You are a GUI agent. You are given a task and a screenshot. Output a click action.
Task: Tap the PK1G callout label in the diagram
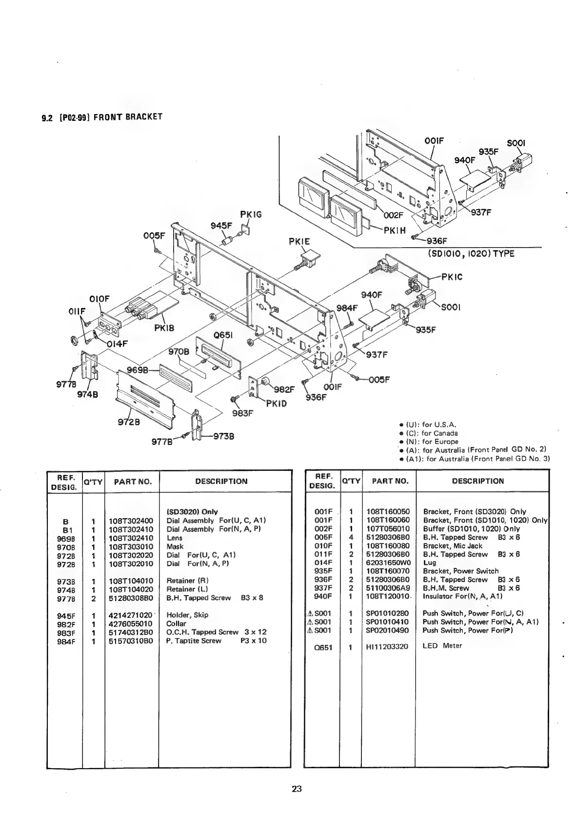(251, 214)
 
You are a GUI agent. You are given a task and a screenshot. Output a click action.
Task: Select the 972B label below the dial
(129, 422)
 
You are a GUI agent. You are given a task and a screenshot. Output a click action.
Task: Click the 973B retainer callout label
(224, 436)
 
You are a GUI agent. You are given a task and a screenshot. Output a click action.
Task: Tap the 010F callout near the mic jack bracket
(99, 298)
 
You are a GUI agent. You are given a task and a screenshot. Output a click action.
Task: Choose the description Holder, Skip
(187, 615)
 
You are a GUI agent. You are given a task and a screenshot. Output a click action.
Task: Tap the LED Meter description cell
(442, 646)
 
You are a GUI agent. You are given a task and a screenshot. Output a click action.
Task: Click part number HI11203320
(387, 646)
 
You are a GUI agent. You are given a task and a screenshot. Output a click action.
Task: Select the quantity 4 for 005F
(351, 537)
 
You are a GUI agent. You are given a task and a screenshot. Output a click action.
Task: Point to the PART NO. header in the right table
(390, 481)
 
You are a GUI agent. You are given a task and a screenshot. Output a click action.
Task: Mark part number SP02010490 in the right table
(388, 630)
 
